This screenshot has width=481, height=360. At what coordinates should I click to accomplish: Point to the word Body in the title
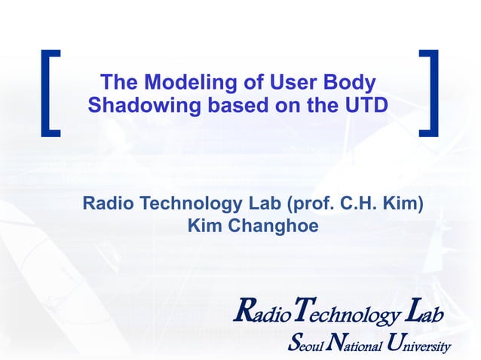348,82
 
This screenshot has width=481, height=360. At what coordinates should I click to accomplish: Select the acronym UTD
366,106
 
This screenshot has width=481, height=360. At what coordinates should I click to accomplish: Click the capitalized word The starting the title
118,82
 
